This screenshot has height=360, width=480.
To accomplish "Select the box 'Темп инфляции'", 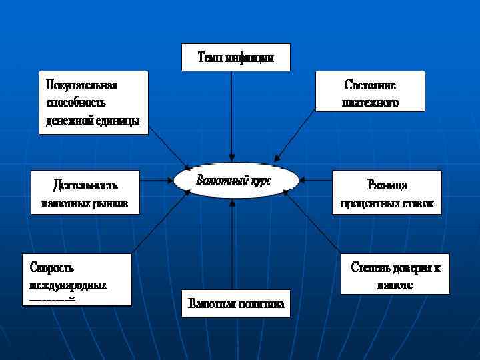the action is coord(235,57).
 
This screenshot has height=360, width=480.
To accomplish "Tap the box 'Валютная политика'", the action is coord(237,304).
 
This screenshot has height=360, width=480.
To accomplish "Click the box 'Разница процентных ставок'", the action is coord(387,193).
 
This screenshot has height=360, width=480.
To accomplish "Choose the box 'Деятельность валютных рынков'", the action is coord(85,193).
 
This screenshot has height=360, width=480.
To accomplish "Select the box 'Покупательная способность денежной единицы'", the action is coord(93,103).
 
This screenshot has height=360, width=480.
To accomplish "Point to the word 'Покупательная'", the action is coord(81,85).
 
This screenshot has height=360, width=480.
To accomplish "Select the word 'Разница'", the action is coord(387,185).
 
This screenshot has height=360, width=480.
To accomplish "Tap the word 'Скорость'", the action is coord(51,267).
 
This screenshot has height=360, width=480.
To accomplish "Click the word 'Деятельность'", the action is coord(85,185).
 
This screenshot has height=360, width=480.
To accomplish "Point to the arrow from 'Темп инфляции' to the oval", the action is coord(231,113).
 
